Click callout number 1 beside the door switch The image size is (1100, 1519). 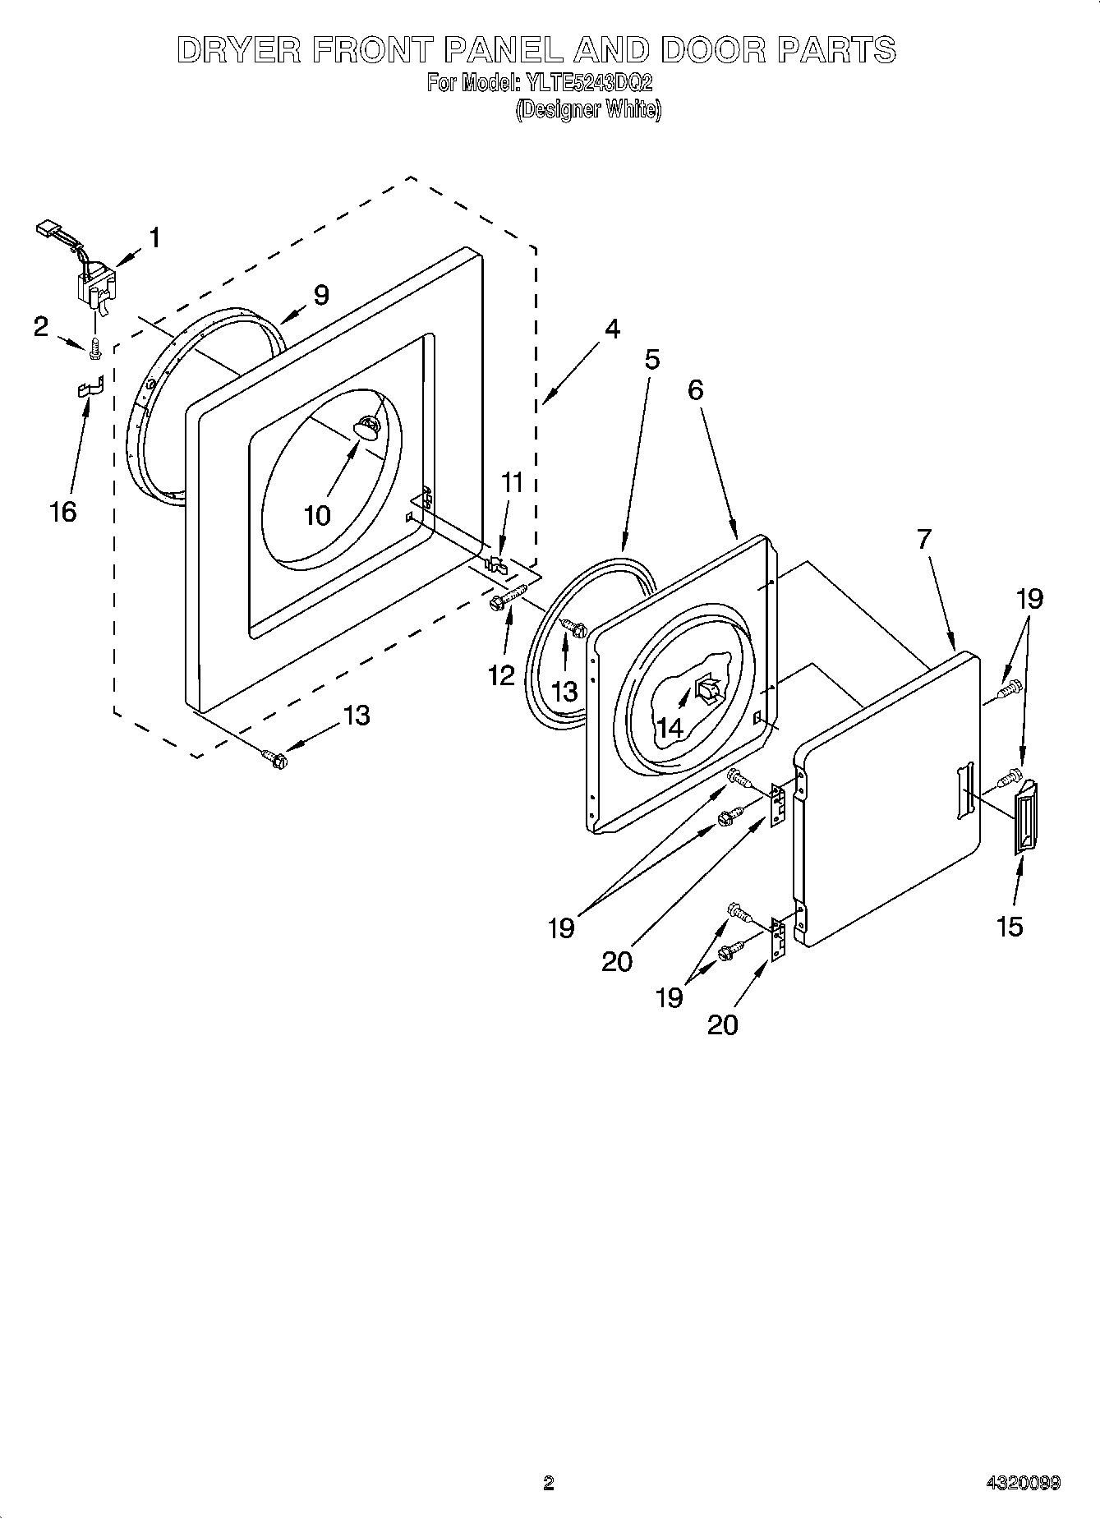coord(154,237)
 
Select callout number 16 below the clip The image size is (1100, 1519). coord(62,511)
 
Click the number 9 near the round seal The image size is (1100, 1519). coord(320,294)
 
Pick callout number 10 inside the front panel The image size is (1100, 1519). coord(317,515)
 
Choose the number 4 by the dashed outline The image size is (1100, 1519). coord(611,329)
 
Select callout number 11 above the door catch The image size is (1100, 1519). coord(512,482)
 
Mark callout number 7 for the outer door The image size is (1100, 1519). coord(924,539)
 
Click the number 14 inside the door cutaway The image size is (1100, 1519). coord(670,727)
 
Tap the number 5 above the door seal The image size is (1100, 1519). coord(651,359)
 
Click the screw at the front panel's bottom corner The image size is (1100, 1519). coord(274,758)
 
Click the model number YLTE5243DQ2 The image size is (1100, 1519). coord(587,83)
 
